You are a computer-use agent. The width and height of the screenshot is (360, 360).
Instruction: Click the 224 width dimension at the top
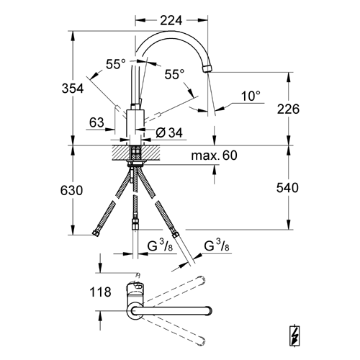[171, 20]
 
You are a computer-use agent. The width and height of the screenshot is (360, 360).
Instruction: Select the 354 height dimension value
[73, 89]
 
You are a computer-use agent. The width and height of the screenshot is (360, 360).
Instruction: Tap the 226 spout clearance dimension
[288, 109]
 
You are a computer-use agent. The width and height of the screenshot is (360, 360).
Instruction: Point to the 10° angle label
[251, 96]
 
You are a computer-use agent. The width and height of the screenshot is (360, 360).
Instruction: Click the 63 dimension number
[96, 122]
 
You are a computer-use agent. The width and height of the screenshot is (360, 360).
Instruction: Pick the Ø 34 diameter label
[169, 132]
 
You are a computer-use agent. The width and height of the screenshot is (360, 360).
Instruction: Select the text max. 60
[214, 156]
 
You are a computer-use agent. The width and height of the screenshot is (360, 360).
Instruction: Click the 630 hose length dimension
[71, 191]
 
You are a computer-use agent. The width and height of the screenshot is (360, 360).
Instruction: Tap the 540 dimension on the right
[287, 188]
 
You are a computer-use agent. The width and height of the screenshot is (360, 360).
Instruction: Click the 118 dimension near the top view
[100, 292]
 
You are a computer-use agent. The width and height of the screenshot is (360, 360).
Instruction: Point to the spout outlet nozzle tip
[207, 68]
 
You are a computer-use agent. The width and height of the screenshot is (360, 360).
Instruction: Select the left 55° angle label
[116, 64]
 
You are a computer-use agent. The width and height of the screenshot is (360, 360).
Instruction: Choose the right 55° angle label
[174, 74]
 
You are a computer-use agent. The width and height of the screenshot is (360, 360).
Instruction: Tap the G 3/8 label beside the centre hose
[160, 246]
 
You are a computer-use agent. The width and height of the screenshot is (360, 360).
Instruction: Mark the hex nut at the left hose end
[96, 233]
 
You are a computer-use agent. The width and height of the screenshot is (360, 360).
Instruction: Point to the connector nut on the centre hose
[135, 224]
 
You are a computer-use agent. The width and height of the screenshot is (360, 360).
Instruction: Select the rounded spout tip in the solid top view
[210, 311]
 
